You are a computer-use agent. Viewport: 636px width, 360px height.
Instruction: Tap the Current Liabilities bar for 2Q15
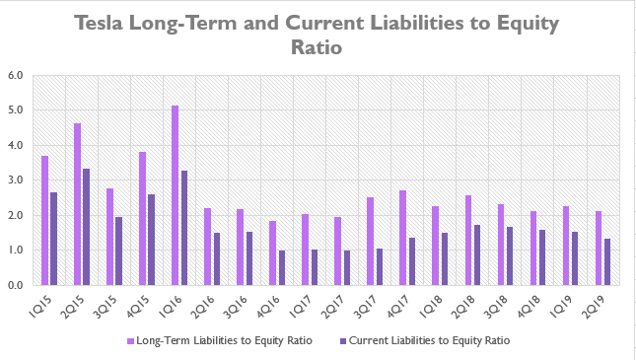tap(87, 227)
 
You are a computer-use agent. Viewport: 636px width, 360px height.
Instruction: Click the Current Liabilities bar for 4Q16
tap(282, 267)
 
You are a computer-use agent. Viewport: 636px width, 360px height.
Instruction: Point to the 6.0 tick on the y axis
tap(16, 75)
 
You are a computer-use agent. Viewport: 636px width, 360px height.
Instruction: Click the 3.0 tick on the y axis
tap(16, 180)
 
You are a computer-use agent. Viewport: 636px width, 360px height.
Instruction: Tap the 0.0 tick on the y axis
tap(16, 286)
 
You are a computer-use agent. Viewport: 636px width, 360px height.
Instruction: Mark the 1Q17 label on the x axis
tap(307, 303)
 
